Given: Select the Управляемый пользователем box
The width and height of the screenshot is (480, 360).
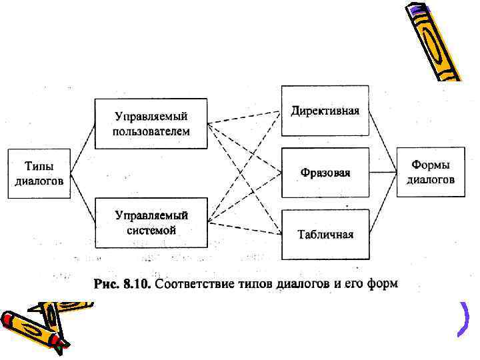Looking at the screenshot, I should coord(151,123).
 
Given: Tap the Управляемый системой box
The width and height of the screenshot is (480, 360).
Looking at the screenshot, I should coord(151,222).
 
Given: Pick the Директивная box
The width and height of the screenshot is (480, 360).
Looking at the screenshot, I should coord(325,110).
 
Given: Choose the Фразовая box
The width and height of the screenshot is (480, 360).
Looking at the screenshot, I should coord(325,173).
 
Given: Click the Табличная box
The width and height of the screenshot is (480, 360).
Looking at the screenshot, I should coord(325,234).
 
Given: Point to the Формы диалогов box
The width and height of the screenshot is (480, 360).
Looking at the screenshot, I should coord(431,172).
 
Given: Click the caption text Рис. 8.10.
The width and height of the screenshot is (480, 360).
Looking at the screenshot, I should coord(123,285).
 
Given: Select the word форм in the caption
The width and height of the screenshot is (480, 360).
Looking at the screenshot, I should coord(383,285).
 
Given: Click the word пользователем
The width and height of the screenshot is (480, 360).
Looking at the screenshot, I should coord(151,131).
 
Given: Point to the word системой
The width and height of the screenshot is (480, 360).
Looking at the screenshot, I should coord(151,230).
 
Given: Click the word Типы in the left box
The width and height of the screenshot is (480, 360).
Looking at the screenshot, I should coord(39,166).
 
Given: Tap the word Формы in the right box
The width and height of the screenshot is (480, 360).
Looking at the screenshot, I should coord(431,165).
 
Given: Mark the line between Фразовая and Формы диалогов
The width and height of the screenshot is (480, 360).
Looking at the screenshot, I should coord(383,173).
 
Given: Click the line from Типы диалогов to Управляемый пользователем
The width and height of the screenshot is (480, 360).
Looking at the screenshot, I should coord(83,149).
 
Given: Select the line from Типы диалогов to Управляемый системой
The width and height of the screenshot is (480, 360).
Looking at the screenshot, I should coord(83,197).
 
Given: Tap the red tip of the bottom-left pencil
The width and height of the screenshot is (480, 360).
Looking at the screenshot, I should coord(61,345).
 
